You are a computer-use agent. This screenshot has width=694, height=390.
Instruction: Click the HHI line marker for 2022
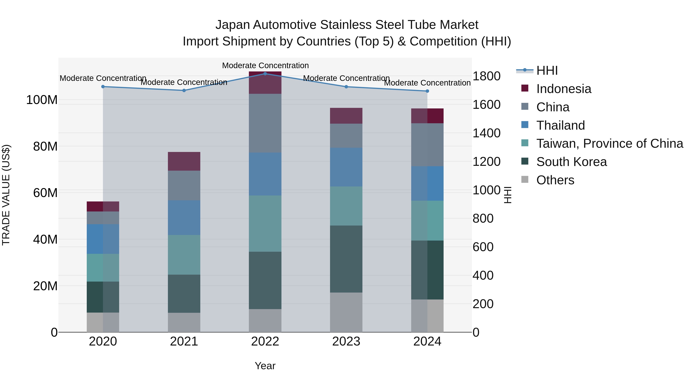click(x=265, y=74)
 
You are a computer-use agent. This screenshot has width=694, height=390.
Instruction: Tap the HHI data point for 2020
click(x=103, y=87)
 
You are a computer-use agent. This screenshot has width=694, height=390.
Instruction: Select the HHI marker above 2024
click(x=427, y=91)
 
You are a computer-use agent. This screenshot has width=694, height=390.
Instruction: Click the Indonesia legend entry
click(x=564, y=89)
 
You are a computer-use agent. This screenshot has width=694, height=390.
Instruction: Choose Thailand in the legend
click(x=560, y=125)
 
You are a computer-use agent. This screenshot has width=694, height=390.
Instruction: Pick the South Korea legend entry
click(x=571, y=162)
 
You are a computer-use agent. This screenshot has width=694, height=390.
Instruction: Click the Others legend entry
click(x=555, y=180)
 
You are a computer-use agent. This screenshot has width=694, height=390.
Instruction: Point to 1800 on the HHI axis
click(x=487, y=76)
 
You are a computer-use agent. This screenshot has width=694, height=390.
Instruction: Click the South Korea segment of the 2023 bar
click(x=346, y=259)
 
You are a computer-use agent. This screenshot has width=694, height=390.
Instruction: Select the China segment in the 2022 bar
click(x=265, y=123)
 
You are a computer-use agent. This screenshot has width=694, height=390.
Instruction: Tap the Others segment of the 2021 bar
click(x=184, y=322)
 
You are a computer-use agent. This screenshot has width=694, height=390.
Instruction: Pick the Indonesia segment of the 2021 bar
click(x=184, y=161)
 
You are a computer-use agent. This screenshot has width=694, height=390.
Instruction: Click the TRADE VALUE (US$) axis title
click(x=6, y=195)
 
